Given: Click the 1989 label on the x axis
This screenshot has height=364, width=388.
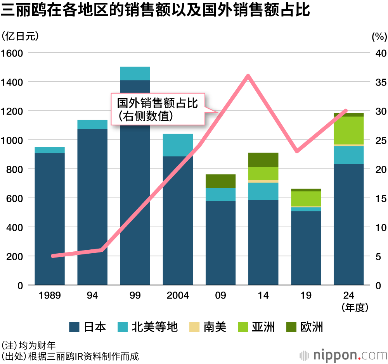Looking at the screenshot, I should (50, 295).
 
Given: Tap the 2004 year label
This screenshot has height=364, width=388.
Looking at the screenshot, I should (178, 295).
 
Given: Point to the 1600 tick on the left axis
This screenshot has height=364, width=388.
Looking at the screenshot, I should (12, 53).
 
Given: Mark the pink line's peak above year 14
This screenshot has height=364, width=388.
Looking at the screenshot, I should (248, 76).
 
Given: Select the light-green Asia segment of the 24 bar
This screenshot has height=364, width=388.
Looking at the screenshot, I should (348, 130).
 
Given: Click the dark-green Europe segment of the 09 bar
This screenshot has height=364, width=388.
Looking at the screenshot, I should (220, 181).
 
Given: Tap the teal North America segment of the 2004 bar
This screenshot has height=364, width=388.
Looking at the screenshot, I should (178, 145).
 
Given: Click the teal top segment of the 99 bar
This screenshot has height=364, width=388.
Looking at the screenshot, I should (135, 74).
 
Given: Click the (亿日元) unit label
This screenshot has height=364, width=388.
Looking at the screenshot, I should (20, 36).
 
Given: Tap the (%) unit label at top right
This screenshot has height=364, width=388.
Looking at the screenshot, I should (379, 37).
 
